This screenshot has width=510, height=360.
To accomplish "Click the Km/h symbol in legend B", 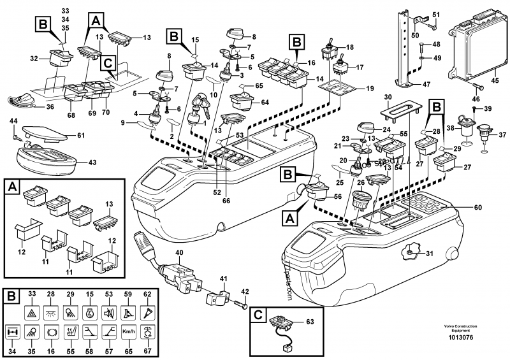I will point(128,333).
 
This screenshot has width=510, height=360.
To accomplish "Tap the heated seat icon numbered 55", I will point(71,333).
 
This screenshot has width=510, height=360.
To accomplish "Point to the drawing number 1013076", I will point(470,338).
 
